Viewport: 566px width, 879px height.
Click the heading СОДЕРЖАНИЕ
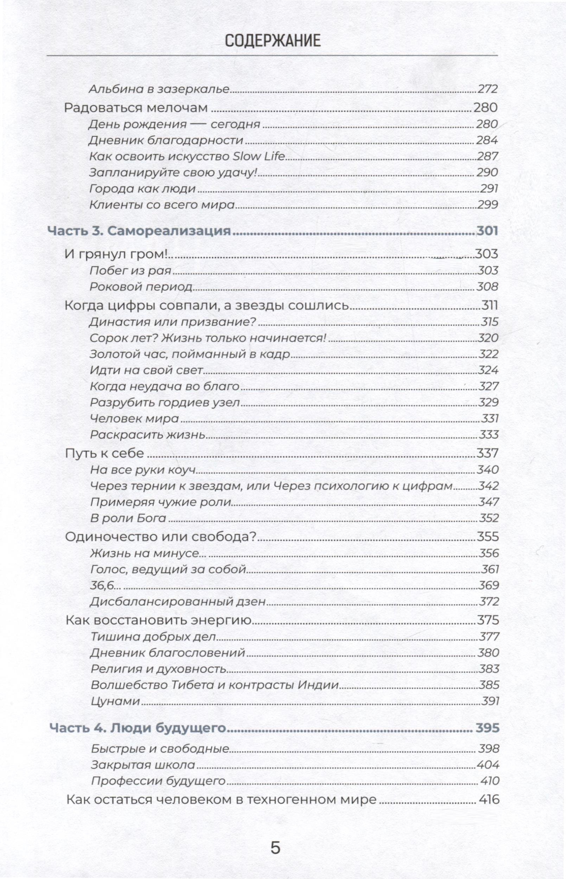click(272, 41)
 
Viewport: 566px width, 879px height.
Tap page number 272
click(487, 89)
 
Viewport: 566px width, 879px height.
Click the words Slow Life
click(259, 156)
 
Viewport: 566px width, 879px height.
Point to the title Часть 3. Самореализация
click(140, 231)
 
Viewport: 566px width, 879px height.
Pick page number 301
click(487, 231)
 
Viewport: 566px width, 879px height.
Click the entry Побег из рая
click(131, 271)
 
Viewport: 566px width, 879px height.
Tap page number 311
click(489, 305)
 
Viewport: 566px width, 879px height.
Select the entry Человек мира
click(134, 419)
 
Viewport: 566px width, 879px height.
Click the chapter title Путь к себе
click(104, 453)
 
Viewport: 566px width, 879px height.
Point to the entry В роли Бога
click(128, 518)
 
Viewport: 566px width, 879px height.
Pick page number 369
click(489, 586)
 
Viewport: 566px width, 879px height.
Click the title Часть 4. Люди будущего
click(138, 728)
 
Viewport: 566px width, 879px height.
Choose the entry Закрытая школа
click(143, 765)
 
